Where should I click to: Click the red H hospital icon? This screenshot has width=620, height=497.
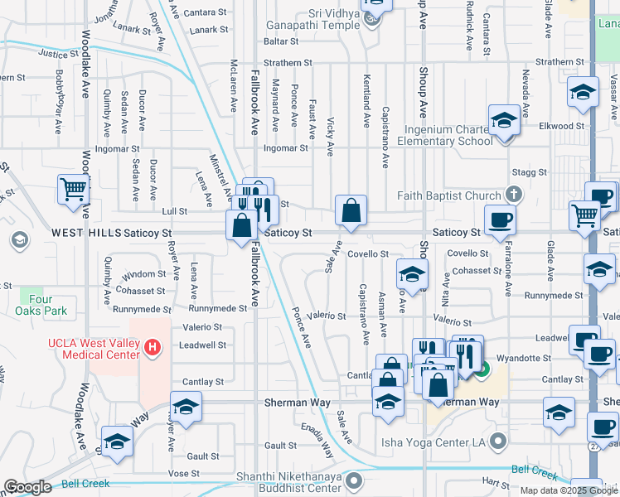(x=153, y=348)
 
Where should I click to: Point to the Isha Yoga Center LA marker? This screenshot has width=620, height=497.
(x=497, y=442)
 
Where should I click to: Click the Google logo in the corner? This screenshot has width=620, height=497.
(x=27, y=487)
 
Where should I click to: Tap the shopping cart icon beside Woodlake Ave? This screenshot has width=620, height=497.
(x=73, y=190)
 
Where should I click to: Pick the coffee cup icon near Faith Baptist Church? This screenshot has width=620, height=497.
(x=500, y=220)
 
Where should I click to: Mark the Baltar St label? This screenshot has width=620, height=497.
(x=281, y=41)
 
